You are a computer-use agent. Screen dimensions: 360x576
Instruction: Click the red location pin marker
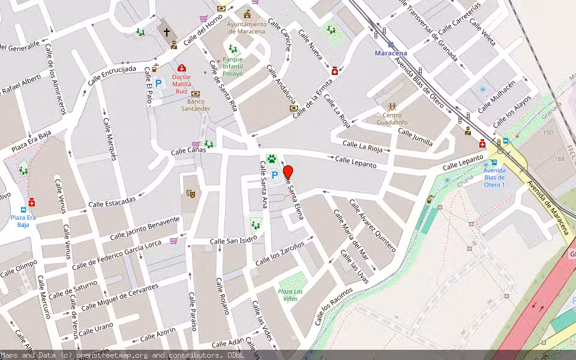point(288,171)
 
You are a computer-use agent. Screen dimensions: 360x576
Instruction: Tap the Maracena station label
point(391,53)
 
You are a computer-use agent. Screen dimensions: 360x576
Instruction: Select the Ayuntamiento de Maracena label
point(247,28)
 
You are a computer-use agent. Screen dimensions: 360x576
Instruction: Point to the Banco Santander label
point(196,105)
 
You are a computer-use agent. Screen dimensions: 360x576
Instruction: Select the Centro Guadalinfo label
point(392,119)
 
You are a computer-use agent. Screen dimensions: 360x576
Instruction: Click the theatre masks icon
point(191,193)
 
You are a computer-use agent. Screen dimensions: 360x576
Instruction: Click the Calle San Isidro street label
point(233,240)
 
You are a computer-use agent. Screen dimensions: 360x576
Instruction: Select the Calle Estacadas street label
point(112,203)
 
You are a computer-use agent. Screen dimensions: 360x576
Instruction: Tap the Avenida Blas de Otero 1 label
point(494,177)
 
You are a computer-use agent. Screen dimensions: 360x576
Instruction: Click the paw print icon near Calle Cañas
point(271,160)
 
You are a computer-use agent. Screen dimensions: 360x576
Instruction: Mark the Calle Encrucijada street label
point(112,76)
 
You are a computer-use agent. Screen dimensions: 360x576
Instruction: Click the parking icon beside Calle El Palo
point(158,85)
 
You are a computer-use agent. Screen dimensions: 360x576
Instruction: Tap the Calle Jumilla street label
point(415,137)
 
